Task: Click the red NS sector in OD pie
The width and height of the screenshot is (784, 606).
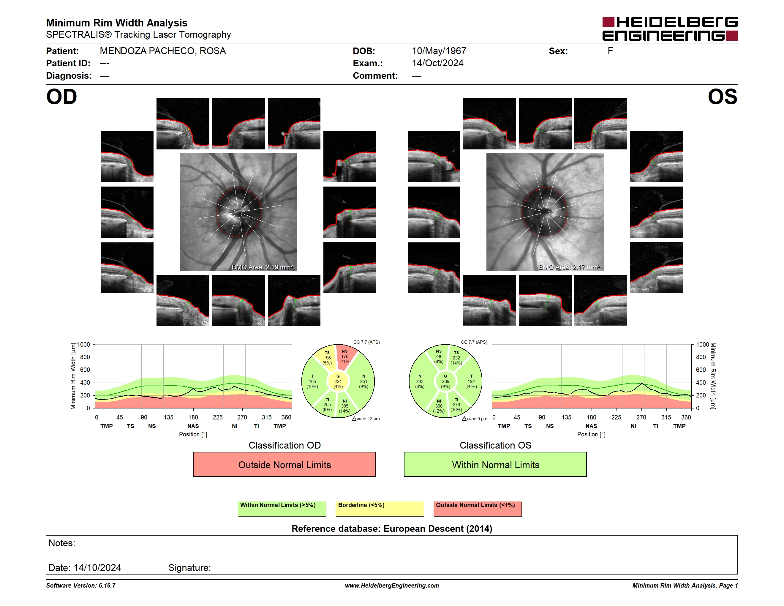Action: click(345, 357)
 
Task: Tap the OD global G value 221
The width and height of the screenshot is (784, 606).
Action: click(338, 381)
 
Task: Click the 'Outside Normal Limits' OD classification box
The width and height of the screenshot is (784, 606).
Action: click(284, 464)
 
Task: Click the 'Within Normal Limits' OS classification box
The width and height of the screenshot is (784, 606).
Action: click(495, 464)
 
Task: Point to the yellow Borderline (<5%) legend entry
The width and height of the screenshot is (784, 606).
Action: click(380, 509)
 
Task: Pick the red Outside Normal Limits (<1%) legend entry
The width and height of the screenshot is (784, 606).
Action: click(478, 509)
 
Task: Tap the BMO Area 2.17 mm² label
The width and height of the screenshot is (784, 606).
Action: click(569, 267)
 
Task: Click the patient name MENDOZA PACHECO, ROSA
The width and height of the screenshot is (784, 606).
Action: click(163, 51)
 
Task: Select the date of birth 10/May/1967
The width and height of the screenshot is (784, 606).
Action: click(439, 51)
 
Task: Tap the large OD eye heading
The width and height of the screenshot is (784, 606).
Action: click(61, 97)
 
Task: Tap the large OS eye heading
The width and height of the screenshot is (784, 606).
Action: click(722, 97)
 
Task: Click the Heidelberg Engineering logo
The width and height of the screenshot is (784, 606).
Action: click(670, 29)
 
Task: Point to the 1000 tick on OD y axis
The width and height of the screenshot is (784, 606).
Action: click(83, 345)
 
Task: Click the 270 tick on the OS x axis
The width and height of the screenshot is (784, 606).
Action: click(641, 417)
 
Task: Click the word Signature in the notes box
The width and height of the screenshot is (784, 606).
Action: click(189, 568)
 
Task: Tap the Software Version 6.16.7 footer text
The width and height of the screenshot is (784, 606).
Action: click(81, 586)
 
